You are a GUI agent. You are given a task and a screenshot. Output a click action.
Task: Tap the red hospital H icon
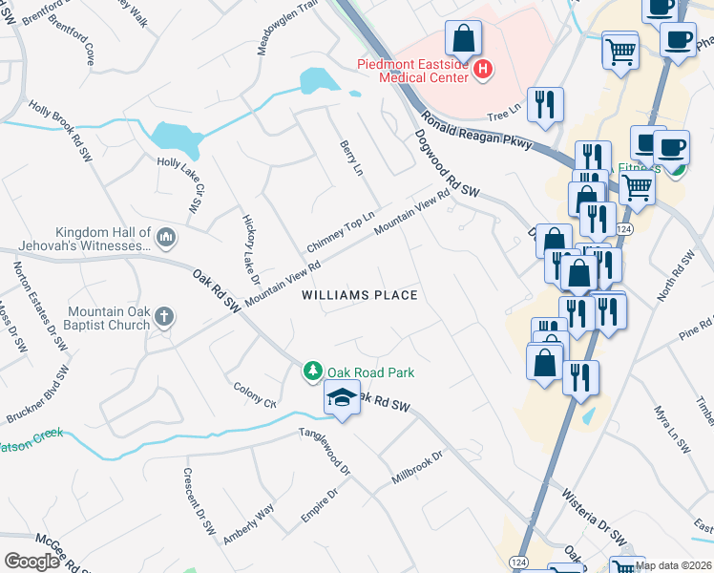pos(483,69)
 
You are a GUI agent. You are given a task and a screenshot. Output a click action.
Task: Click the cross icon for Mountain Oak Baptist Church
pos(164,316)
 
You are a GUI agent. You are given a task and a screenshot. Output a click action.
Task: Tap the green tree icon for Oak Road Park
pos(312,371)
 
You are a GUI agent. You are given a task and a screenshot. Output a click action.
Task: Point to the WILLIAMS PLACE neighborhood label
pos(360,295)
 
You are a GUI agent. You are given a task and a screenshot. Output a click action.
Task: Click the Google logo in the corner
pos(32,562)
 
